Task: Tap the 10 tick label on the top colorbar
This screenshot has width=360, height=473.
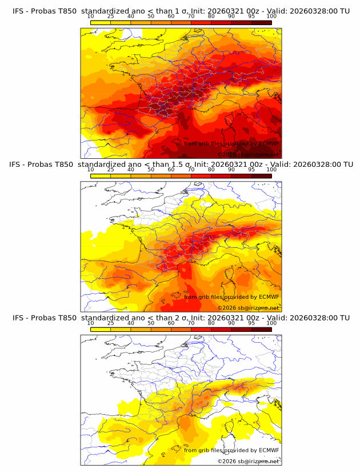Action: [90, 17]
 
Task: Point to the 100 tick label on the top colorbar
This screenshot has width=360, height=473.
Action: [271, 17]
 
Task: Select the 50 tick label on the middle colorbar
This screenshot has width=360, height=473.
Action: [151, 170]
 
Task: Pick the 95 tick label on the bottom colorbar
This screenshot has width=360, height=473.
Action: [251, 323]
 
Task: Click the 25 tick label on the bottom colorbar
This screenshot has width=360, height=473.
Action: [110, 323]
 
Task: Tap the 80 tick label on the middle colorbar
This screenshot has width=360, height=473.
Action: [211, 170]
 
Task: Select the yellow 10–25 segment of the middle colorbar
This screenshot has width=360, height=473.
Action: [101, 176]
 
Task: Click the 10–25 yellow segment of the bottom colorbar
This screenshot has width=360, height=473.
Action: [101, 330]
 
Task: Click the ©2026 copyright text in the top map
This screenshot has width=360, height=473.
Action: [227, 154]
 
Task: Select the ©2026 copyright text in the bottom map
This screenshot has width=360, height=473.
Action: [227, 461]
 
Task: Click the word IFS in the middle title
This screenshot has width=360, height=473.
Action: [16, 164]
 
